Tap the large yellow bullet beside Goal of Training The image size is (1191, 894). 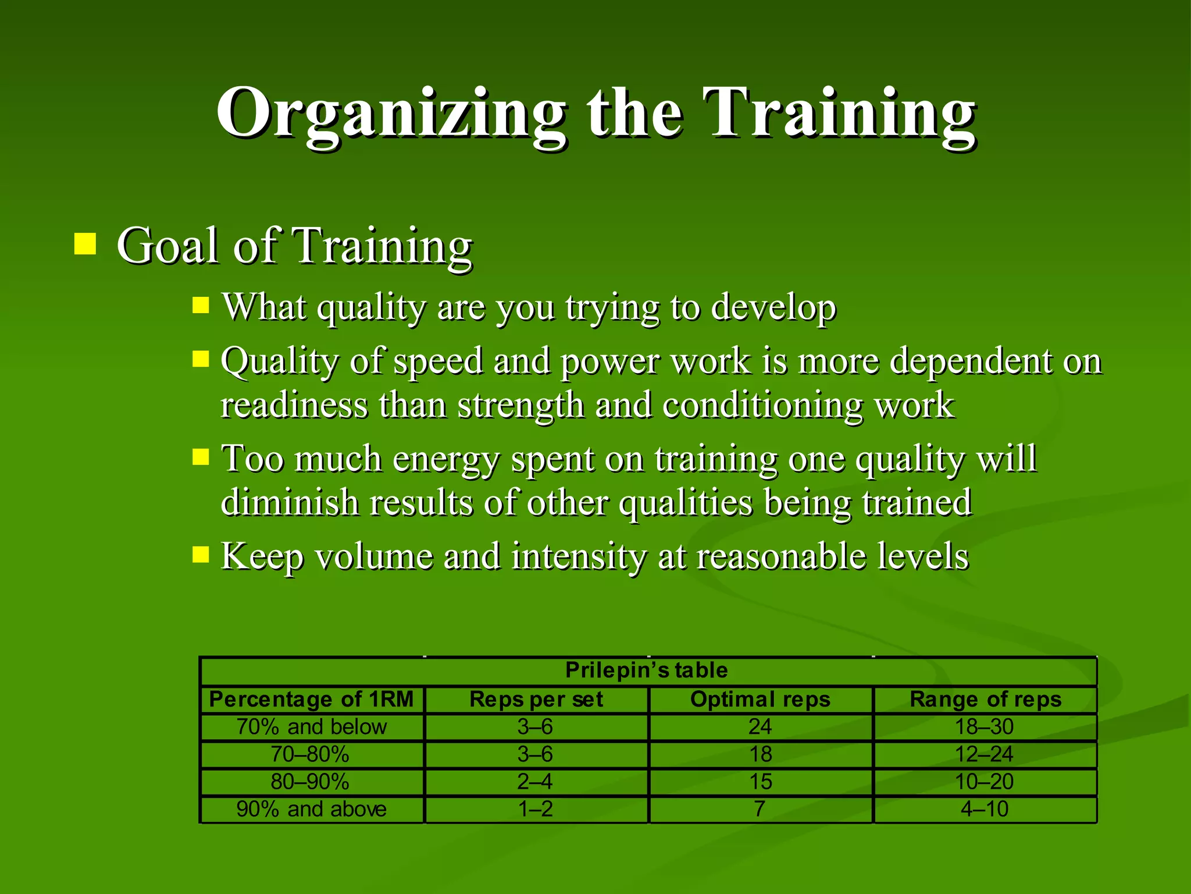pos(85,244)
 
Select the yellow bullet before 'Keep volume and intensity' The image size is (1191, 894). pos(201,554)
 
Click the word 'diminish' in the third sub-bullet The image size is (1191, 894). pos(290,502)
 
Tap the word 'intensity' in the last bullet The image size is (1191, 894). pos(579,556)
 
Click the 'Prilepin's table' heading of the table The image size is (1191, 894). pos(646,670)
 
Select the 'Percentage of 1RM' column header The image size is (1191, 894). pos(311,699)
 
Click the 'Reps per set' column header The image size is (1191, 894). pos(536,699)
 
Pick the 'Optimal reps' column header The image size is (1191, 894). pos(760,699)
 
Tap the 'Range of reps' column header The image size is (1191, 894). pos(985,699)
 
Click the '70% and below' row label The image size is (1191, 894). pos(311,727)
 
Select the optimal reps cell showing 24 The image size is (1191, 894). pos(760,727)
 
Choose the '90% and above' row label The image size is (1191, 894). pos(311,809)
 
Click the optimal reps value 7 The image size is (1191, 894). pos(759,809)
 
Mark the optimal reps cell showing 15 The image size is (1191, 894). pos(760,782)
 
